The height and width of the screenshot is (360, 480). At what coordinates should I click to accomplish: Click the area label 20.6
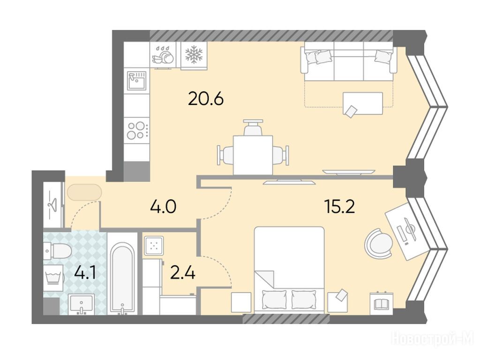(x=206, y=98)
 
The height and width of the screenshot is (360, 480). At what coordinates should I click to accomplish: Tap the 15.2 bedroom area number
(x=339, y=207)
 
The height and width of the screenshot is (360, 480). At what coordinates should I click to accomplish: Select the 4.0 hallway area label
(x=163, y=207)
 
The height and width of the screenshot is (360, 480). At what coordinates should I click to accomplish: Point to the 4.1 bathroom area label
(x=85, y=273)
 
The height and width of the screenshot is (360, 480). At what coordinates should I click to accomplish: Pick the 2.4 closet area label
(x=183, y=273)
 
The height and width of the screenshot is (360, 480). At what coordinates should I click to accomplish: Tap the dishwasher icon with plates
(x=163, y=55)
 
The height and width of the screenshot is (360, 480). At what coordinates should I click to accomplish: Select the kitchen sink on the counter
(x=136, y=81)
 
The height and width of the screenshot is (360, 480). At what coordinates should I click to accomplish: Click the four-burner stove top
(x=136, y=130)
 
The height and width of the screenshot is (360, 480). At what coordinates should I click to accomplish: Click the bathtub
(x=122, y=278)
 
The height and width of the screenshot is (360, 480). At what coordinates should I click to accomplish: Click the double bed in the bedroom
(x=289, y=270)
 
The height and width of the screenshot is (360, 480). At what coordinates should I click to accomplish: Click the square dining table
(x=253, y=155)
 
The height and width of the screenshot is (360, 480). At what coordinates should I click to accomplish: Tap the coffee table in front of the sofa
(x=363, y=103)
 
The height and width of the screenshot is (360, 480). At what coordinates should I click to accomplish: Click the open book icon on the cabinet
(x=381, y=303)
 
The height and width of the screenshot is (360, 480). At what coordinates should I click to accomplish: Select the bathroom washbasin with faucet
(x=81, y=304)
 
